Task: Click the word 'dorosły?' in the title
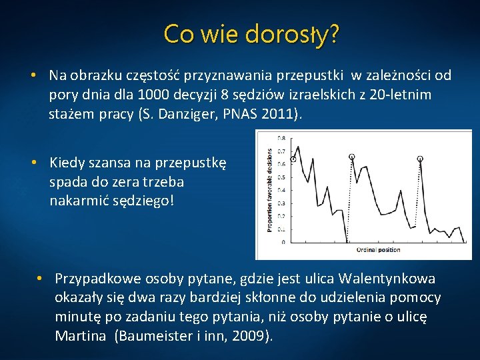(293, 33)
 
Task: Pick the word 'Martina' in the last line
(80, 336)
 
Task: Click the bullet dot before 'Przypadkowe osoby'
(40, 278)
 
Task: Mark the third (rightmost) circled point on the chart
(420, 159)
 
